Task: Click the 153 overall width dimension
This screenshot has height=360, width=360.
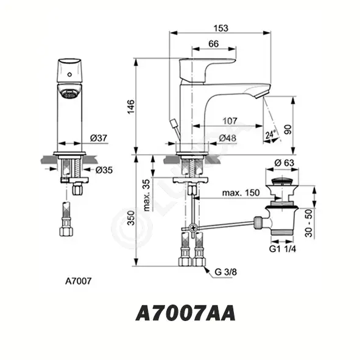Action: tap(221, 28)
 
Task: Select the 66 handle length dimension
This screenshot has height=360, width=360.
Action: tap(214, 44)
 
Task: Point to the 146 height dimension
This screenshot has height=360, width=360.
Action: tap(131, 107)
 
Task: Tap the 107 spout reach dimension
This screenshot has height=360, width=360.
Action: tap(230, 121)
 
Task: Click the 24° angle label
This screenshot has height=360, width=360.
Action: tap(270, 135)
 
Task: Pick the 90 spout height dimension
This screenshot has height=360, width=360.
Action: tap(288, 130)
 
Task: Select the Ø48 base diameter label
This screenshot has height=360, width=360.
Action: tap(228, 138)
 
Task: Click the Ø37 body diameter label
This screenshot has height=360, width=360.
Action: tap(99, 138)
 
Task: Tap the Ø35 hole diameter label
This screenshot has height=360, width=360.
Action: tap(104, 170)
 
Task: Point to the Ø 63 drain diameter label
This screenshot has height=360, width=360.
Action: tap(284, 163)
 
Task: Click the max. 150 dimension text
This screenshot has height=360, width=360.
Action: tap(241, 192)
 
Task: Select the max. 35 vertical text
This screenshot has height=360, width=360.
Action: tap(146, 195)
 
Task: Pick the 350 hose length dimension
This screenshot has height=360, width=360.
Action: tap(131, 218)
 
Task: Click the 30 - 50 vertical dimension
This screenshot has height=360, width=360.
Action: tap(309, 223)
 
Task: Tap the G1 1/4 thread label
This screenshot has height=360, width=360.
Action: tap(283, 249)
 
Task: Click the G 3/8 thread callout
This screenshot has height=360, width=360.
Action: tap(225, 272)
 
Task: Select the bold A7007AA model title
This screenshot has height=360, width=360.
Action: tap(186, 313)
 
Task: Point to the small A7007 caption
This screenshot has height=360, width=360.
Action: tap(79, 281)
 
